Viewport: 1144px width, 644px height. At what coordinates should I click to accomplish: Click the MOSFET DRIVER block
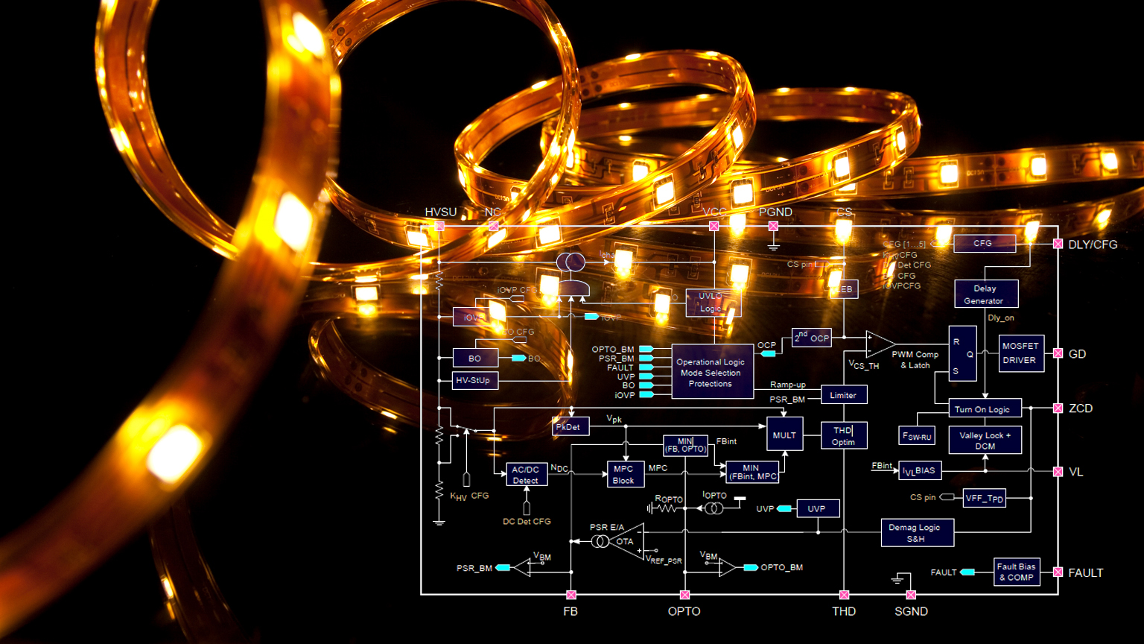pyautogui.click(x=1020, y=353)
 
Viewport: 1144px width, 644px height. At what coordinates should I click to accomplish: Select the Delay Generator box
pyautogui.click(x=985, y=294)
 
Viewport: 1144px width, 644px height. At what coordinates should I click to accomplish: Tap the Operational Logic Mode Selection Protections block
pyautogui.click(x=711, y=373)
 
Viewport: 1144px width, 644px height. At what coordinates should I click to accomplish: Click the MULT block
pyautogui.click(x=784, y=435)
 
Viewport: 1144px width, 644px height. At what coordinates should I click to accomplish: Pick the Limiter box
pyautogui.click(x=843, y=395)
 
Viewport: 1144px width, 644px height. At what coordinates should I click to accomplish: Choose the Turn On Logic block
pyautogui.click(x=982, y=409)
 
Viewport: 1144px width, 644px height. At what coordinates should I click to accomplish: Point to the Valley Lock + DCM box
pyautogui.click(x=985, y=441)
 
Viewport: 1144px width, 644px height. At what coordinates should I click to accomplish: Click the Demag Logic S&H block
pyautogui.click(x=916, y=533)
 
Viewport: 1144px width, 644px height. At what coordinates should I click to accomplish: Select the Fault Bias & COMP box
pyautogui.click(x=1016, y=572)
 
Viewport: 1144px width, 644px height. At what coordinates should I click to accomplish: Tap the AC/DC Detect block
pyautogui.click(x=526, y=475)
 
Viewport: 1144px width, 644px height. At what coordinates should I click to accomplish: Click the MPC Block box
pyautogui.click(x=623, y=475)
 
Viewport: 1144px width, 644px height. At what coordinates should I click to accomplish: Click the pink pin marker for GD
pyautogui.click(x=1058, y=353)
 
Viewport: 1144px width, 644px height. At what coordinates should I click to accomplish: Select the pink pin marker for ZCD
pyautogui.click(x=1058, y=408)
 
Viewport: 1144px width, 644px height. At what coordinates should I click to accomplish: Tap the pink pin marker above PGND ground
pyautogui.click(x=773, y=226)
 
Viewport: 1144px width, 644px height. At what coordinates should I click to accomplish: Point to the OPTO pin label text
pyautogui.click(x=684, y=611)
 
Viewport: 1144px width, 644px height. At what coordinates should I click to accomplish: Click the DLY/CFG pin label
pyautogui.click(x=1093, y=244)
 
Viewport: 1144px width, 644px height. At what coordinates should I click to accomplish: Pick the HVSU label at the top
pyautogui.click(x=440, y=212)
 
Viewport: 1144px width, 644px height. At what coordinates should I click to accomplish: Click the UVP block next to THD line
pyautogui.click(x=817, y=509)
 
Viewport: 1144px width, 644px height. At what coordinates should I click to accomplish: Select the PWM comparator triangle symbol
pyautogui.click(x=880, y=344)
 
